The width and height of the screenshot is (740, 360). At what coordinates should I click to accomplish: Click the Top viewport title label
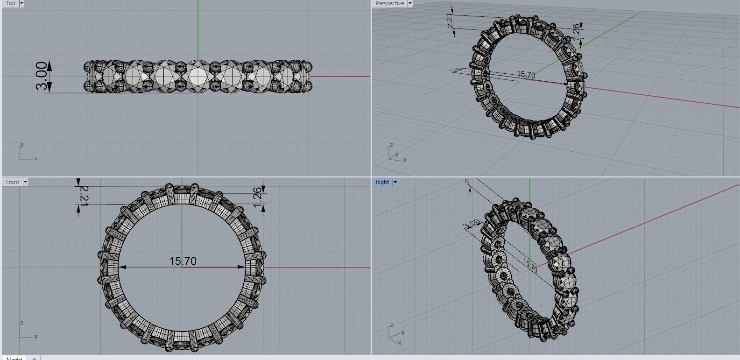pos(11,3)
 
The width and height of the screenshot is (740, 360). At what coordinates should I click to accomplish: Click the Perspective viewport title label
pos(389,3)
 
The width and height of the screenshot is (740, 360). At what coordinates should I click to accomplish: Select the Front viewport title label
pos(13,182)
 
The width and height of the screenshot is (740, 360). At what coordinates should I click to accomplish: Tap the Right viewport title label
pos(382,182)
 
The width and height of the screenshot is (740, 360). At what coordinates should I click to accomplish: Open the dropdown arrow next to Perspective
pos(410,3)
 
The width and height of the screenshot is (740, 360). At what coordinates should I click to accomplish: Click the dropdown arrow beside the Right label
pos(395,182)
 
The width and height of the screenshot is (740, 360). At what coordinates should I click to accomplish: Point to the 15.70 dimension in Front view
pos(183,261)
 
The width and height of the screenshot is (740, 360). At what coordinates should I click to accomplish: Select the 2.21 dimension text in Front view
pos(84,195)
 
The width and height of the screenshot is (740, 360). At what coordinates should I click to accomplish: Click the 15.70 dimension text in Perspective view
pos(526,75)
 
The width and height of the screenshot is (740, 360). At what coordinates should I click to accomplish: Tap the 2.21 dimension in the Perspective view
pos(450,21)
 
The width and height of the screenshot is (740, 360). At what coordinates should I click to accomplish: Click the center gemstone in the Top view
pos(198,76)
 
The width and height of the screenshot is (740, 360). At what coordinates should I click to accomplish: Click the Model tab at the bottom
pos(14,359)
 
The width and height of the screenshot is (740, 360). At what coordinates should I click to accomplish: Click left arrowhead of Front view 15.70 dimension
pos(122,268)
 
